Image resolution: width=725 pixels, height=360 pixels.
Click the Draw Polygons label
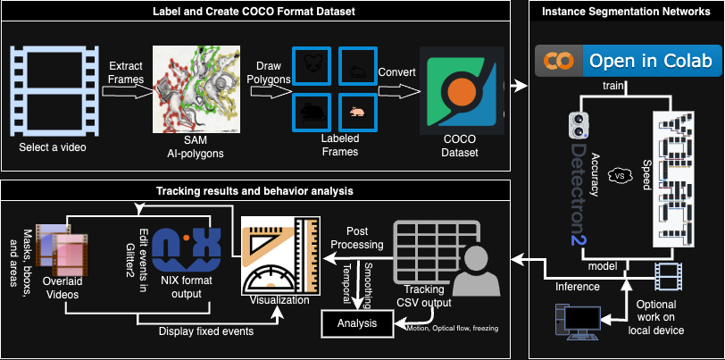coord(273,73)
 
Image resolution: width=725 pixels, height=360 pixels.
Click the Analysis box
coord(356,322)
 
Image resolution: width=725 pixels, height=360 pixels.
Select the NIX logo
coord(184,249)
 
